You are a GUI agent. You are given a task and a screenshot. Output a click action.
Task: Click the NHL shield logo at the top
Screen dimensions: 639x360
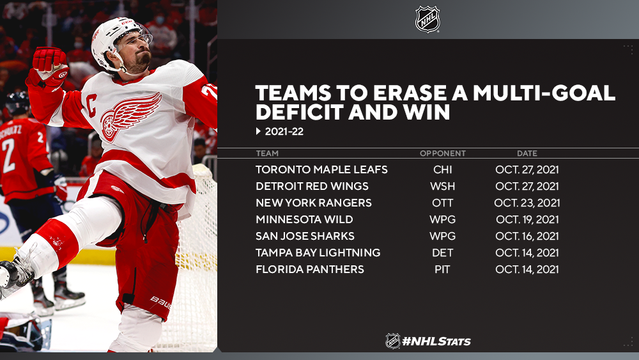point(427,19)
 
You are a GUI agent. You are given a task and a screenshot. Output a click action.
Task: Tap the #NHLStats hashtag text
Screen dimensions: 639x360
point(436,341)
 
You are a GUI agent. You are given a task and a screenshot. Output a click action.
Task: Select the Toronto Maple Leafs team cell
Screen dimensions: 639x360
point(321,169)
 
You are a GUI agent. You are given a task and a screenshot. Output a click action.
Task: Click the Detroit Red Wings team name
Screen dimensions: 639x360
point(312,186)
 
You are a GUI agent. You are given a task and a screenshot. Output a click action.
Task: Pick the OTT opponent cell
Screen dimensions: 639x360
point(443,203)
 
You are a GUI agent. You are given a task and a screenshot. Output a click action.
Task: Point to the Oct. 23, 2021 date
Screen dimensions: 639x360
point(527,203)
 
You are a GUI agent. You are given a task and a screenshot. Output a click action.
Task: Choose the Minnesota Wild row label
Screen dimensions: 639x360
point(304,219)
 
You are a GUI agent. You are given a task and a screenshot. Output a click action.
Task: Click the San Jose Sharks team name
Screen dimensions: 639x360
point(305,236)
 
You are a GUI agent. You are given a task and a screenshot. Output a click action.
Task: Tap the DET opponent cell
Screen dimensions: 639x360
point(443,253)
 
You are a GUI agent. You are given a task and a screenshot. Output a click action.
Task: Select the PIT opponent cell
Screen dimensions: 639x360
point(443,269)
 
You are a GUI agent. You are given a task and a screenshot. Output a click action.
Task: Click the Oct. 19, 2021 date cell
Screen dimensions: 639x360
point(527,219)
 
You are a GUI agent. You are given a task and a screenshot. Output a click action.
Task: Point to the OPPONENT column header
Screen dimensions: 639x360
point(443,153)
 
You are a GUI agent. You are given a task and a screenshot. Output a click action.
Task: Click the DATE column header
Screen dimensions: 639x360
point(527,153)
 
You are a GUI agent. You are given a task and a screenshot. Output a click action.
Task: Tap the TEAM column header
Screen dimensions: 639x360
point(267,153)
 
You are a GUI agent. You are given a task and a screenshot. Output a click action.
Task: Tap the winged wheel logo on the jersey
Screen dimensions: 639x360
point(130,116)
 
